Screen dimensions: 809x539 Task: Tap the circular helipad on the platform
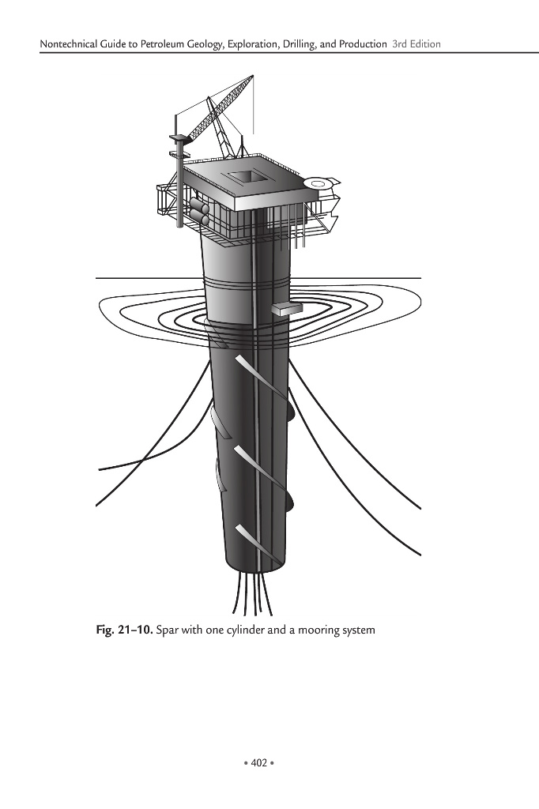(318, 184)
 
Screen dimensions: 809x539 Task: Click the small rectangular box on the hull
(286, 309)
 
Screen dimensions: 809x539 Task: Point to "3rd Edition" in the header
(416, 43)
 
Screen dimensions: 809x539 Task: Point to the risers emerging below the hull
(253, 596)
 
